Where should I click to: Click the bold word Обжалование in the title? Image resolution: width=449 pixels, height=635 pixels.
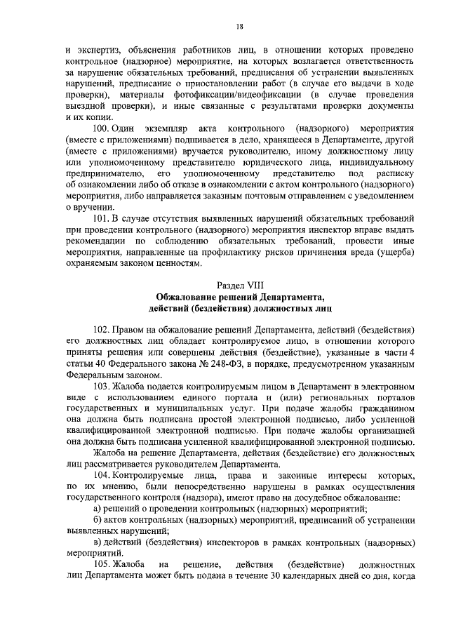point(188,298)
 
